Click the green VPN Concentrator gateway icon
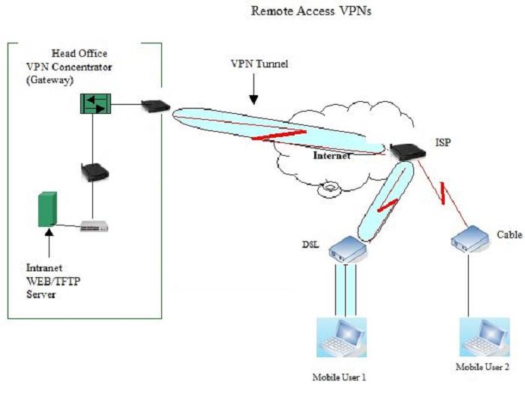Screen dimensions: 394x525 point(94,104)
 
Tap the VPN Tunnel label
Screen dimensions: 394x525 point(259,64)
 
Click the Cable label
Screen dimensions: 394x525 point(509,234)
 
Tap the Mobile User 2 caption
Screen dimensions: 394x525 point(483,367)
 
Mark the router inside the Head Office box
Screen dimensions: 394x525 point(94,172)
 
